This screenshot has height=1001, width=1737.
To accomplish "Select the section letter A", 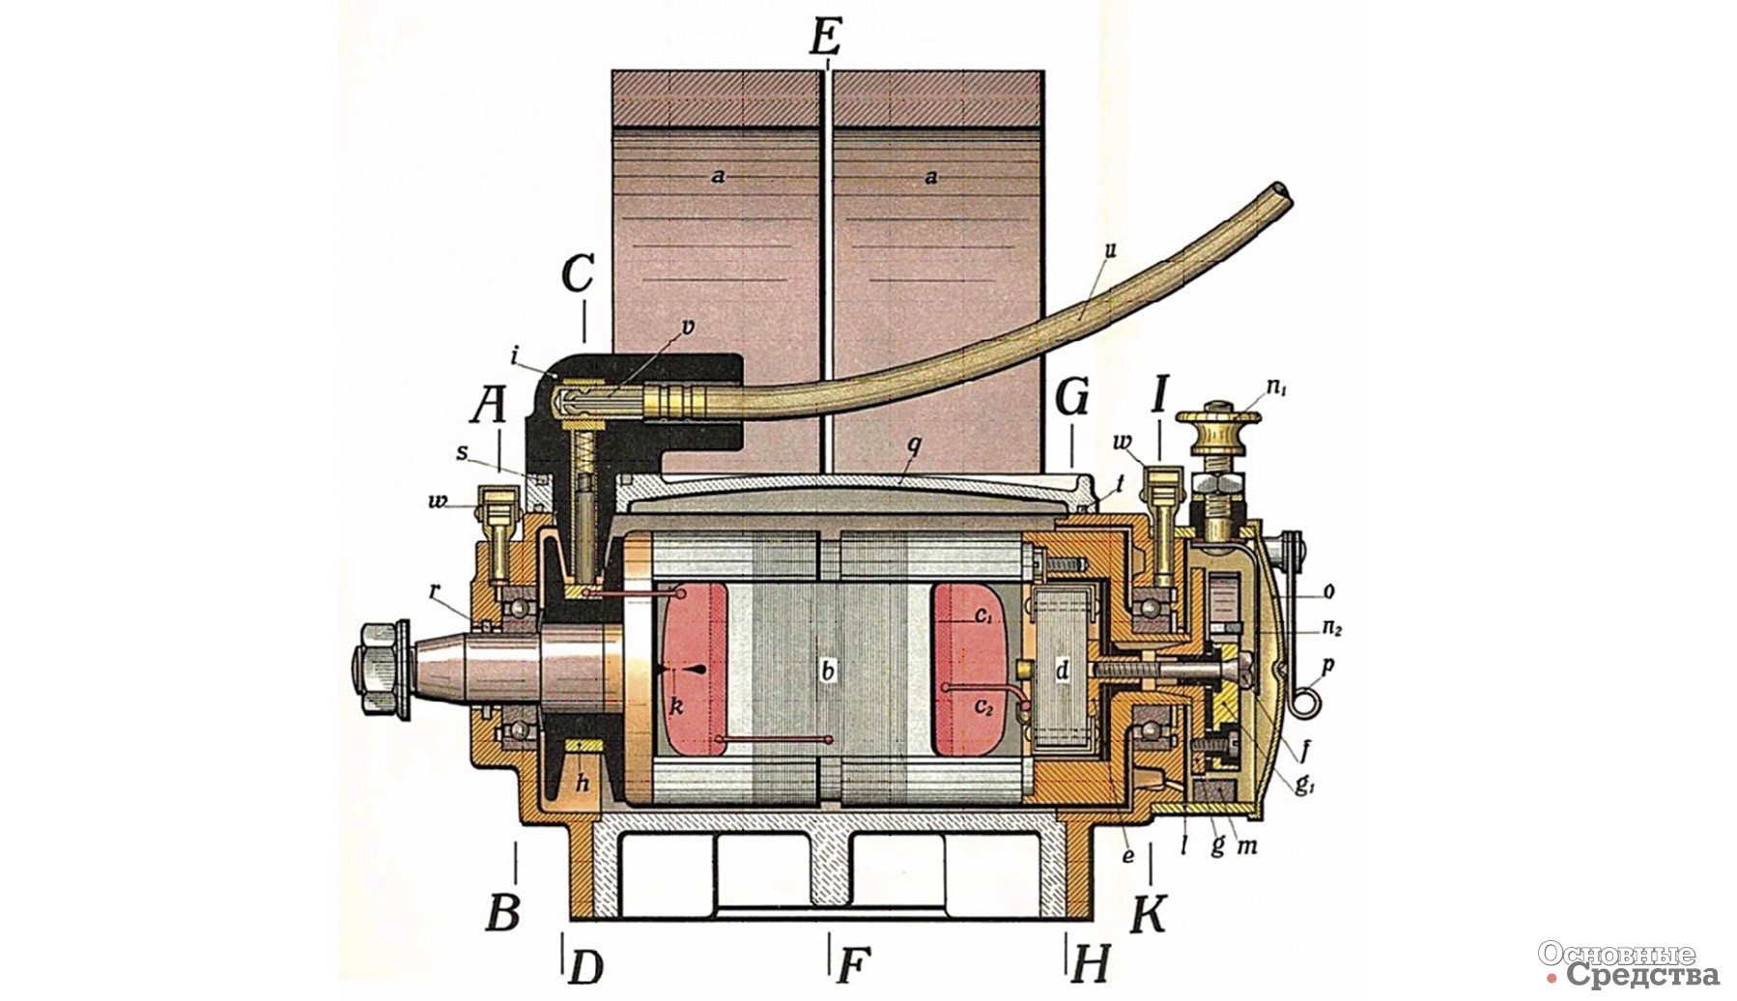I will [489, 407].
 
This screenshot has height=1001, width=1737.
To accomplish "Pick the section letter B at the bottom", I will [502, 912].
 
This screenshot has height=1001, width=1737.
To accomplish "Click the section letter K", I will [1148, 913].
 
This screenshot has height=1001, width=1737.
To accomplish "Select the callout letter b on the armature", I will [826, 670].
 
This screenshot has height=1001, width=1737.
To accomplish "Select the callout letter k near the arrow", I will [676, 706].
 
